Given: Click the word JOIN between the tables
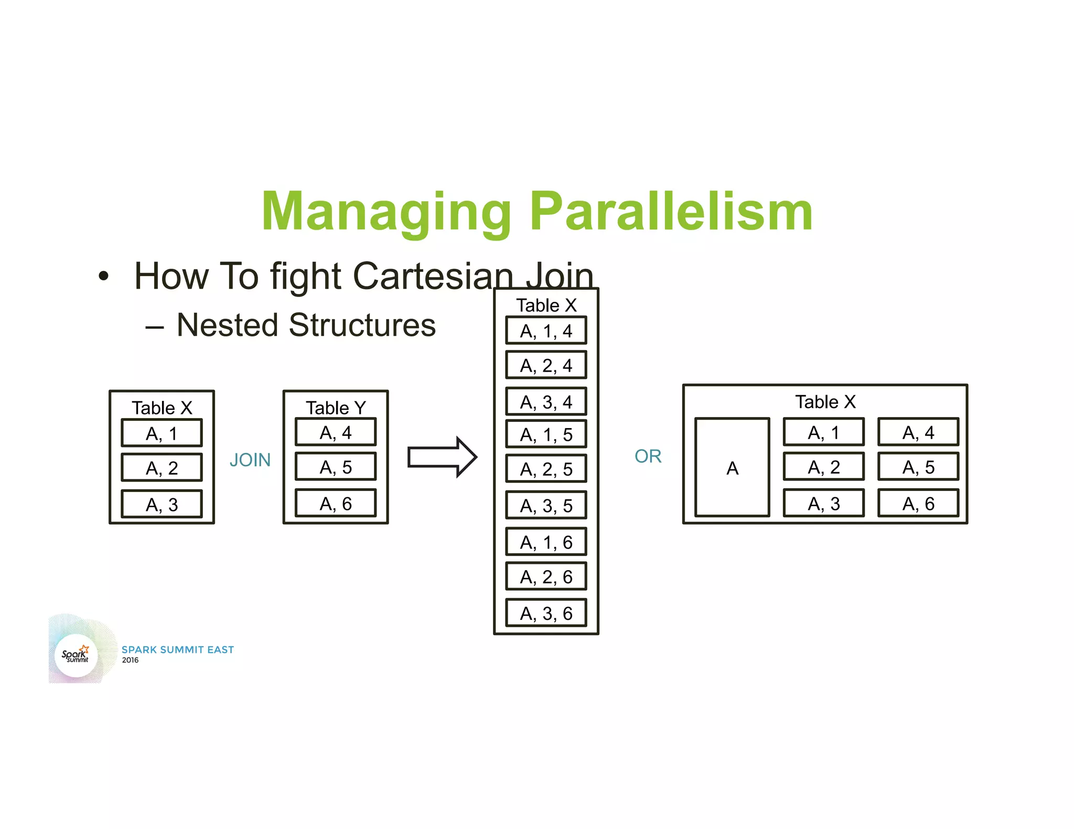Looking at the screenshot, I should (250, 460).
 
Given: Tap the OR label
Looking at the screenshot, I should (648, 456).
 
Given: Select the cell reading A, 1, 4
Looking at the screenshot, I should (546, 331).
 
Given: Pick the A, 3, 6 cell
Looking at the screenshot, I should (546, 613).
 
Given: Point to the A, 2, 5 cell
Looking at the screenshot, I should (546, 468).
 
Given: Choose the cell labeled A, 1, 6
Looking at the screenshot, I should (546, 542).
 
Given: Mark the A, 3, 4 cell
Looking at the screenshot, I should (546, 401).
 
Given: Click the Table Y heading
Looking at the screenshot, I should (336, 407).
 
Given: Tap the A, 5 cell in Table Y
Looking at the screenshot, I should (336, 466).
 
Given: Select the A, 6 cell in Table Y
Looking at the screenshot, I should (336, 503).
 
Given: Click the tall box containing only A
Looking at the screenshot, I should (732, 467).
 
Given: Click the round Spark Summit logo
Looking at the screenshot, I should (77, 655).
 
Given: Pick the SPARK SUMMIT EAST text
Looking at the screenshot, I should (178, 649).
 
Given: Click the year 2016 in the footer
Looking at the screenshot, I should (130, 660).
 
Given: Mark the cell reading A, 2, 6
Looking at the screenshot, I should (546, 576).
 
